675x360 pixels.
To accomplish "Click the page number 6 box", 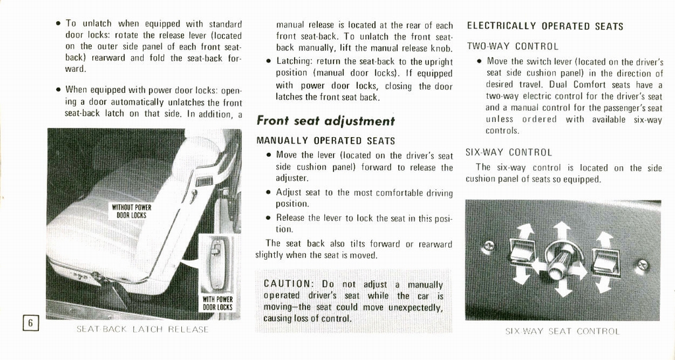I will tap(30, 322).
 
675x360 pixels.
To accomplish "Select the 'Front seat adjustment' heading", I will tap(325, 121).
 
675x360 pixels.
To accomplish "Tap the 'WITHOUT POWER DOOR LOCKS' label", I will tap(131, 212).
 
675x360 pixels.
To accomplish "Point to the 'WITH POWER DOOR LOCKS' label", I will tap(217, 303).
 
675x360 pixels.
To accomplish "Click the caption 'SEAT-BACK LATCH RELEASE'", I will tap(143, 329).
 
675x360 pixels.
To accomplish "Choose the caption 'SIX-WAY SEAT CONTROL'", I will tap(562, 331).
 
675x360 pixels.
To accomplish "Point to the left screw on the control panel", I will tap(488, 247).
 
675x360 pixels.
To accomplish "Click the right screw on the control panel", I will tap(642, 265).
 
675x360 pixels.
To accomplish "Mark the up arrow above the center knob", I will tap(561, 231).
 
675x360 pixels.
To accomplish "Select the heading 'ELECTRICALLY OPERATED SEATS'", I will tap(544, 26).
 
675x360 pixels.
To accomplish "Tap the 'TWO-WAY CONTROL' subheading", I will tap(512, 47).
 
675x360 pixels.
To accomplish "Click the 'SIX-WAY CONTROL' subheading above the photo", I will tap(509, 152).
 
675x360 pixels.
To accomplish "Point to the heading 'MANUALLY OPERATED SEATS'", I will tap(326, 140).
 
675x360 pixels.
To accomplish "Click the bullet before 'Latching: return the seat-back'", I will tap(269, 61).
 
